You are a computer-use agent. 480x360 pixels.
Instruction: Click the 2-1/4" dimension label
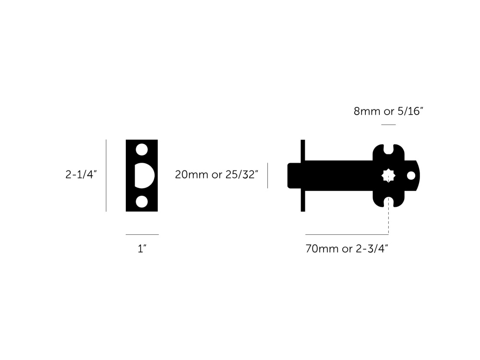click(x=81, y=175)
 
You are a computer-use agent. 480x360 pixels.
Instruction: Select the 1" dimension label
click(x=142, y=249)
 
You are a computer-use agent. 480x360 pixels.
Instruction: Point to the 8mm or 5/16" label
click(x=388, y=111)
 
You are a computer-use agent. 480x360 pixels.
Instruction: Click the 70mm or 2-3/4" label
click(x=347, y=249)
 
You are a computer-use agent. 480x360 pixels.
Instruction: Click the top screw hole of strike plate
click(x=142, y=149)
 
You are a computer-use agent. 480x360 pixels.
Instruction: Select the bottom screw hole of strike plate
click(x=142, y=202)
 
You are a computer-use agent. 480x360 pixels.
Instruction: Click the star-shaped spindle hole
click(x=388, y=176)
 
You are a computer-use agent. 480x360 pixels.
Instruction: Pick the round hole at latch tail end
click(x=411, y=176)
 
